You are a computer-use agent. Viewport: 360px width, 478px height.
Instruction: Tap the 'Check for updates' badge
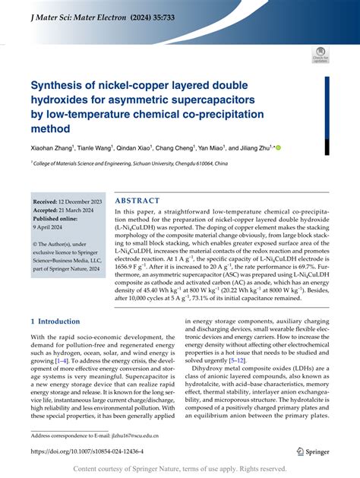(x=319, y=54)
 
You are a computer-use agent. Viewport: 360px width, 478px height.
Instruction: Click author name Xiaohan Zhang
(x=54, y=149)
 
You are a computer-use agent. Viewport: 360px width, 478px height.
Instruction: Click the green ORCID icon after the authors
(x=277, y=149)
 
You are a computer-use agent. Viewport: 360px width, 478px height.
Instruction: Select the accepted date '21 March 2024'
(x=81, y=209)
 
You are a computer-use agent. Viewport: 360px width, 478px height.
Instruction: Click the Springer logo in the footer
(x=308, y=451)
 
